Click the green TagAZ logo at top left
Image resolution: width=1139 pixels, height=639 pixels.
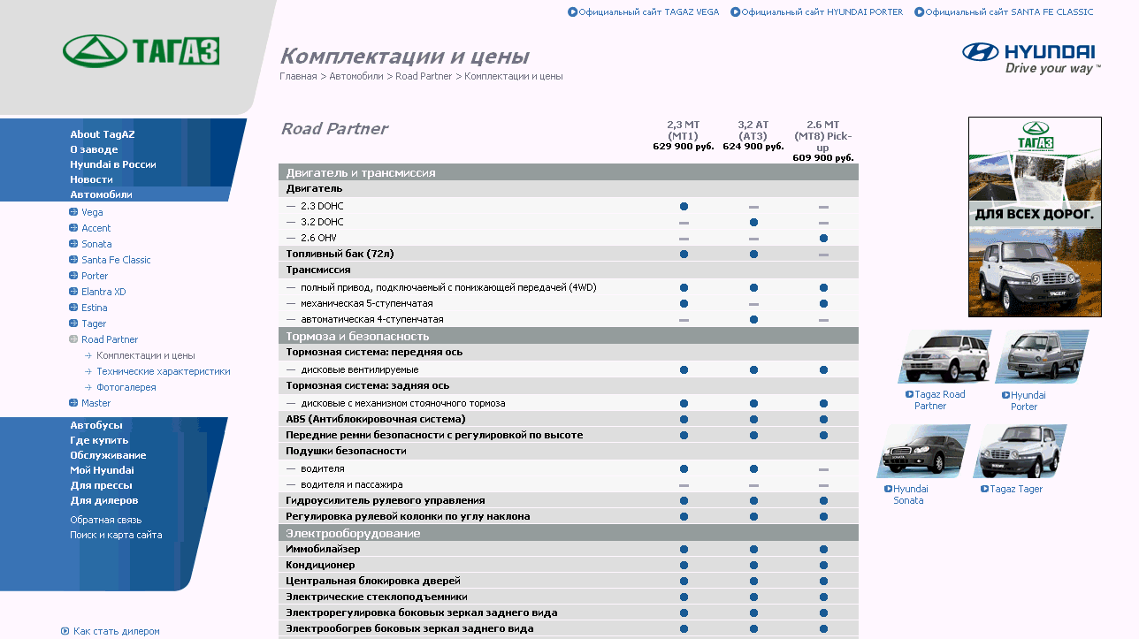click(141, 51)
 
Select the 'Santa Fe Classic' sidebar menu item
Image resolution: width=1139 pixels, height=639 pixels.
click(116, 260)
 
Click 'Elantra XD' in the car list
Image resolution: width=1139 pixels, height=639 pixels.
click(103, 292)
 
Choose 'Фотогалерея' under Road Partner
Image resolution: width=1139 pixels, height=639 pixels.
click(126, 387)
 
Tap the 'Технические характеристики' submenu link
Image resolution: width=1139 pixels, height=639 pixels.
click(163, 371)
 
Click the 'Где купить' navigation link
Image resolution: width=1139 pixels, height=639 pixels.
click(99, 440)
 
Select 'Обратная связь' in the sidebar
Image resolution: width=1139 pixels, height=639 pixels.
click(105, 520)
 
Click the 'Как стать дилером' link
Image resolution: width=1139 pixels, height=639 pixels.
click(116, 631)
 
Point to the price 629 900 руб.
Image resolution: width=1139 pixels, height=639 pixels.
click(683, 147)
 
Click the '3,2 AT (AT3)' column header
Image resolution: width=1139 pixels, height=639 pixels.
click(753, 131)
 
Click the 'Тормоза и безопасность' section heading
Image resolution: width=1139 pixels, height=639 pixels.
click(357, 336)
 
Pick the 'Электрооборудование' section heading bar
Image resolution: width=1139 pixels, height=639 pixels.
click(353, 533)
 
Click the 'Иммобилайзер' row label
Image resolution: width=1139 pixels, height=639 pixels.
click(323, 549)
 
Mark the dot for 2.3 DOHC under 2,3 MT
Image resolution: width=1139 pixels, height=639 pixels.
click(684, 206)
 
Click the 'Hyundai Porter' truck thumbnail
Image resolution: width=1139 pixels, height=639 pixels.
click(1041, 357)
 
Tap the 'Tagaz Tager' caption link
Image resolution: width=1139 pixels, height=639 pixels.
click(1016, 489)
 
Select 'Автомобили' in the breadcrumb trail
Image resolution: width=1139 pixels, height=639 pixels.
click(356, 76)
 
